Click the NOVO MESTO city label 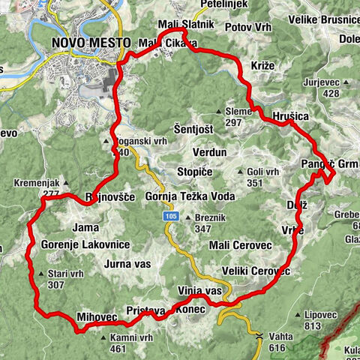click(91, 43)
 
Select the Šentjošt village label click(193, 129)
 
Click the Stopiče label click(195, 172)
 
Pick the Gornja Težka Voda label click(190, 196)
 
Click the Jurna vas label click(127, 264)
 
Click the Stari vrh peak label click(63, 279)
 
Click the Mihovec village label click(97, 317)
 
